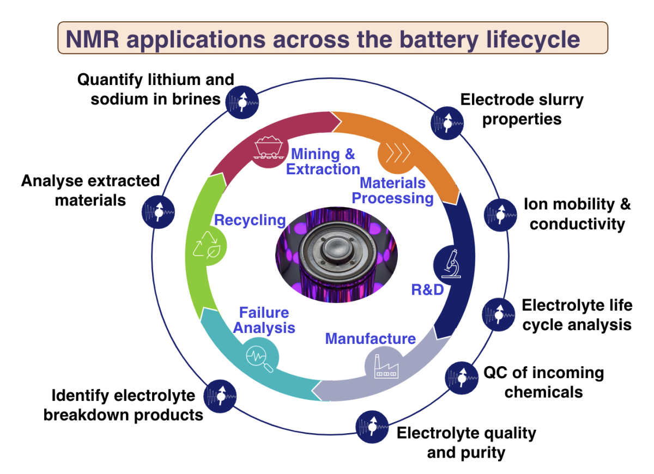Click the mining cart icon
[268, 147]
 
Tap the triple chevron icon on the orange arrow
[398, 153]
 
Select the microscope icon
[451, 264]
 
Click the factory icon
[386, 367]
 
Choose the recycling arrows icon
[207, 245]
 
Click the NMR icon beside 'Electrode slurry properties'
[447, 123]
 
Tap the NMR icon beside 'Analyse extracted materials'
[158, 212]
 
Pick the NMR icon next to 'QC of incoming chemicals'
[462, 378]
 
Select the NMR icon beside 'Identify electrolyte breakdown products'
[220, 396]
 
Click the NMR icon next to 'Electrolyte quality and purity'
[372, 427]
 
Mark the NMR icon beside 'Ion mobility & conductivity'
[500, 215]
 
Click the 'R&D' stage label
[427, 290]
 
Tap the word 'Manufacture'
[371, 338]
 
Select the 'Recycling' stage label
[250, 220]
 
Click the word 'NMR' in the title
[93, 39]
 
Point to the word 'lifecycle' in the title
[533, 40]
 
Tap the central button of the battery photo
[337, 249]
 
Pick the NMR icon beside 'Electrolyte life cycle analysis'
[498, 315]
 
